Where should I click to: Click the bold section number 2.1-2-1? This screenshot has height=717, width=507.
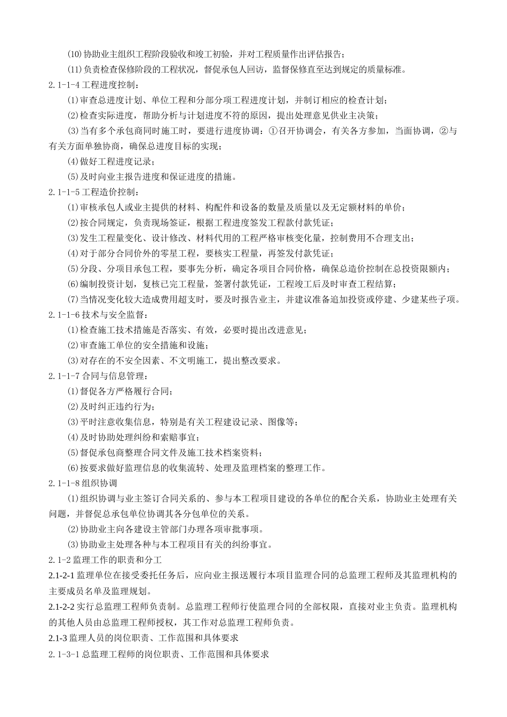61,576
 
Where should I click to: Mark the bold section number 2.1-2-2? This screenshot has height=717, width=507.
61,607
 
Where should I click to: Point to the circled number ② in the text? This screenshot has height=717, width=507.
443,131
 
